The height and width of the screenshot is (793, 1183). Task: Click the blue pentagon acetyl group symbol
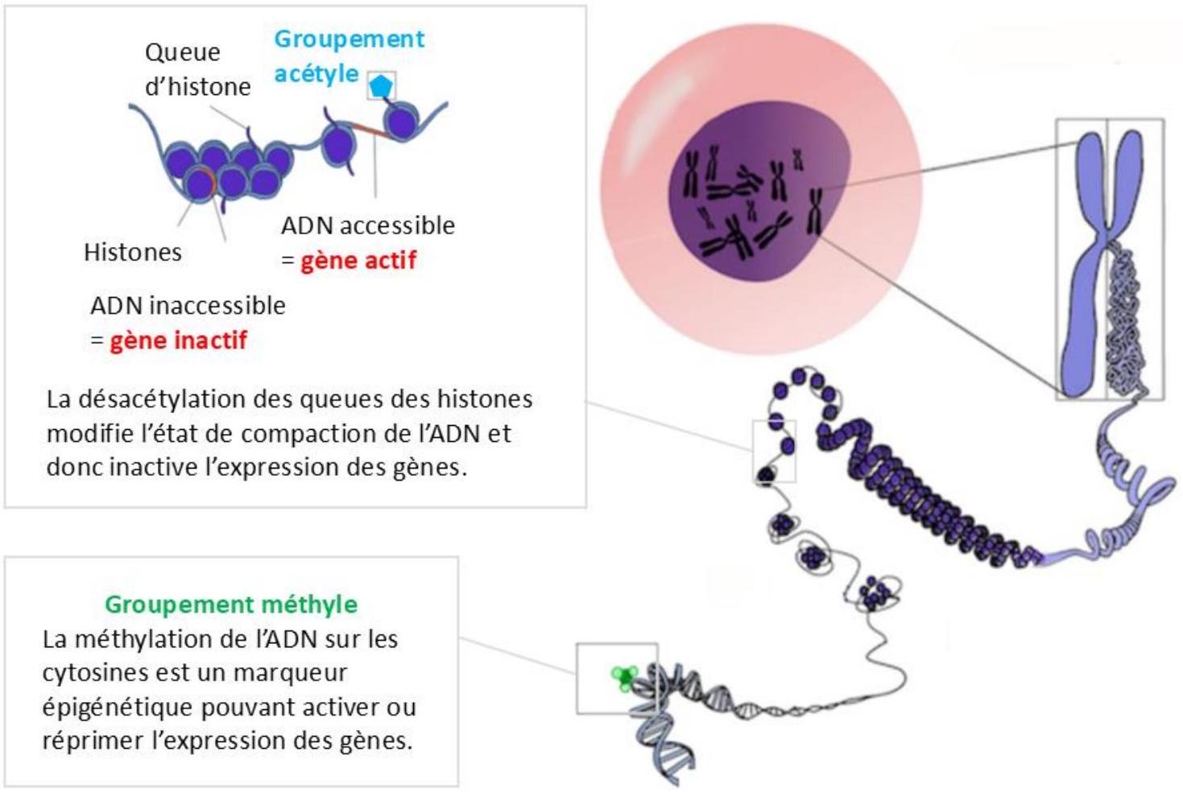click(x=380, y=86)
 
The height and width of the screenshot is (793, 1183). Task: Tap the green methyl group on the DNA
click(x=625, y=677)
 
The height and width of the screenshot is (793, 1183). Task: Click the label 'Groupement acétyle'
click(x=349, y=56)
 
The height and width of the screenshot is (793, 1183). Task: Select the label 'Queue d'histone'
click(x=197, y=69)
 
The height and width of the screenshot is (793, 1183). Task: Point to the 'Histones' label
click(x=133, y=252)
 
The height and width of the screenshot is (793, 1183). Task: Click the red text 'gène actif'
click(x=358, y=260)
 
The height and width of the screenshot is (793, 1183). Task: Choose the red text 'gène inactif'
click(x=179, y=341)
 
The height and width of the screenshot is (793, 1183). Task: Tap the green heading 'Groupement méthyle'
click(x=231, y=605)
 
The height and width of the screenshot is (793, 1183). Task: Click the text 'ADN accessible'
click(x=368, y=226)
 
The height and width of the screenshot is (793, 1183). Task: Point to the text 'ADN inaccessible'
click(x=188, y=306)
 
